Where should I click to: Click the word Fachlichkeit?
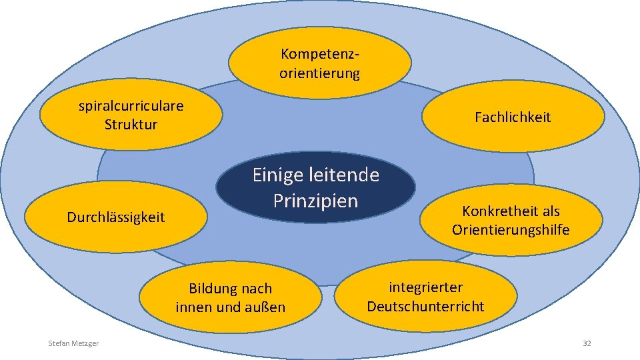[x=513, y=117]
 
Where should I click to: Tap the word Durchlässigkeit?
[x=116, y=217]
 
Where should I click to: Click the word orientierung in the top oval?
[x=319, y=73]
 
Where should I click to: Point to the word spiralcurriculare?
[x=131, y=105]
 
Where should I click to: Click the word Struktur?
[x=131, y=125]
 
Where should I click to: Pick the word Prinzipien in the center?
[x=315, y=201]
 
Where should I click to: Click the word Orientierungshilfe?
[x=511, y=231]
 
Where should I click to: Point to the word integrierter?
[x=426, y=287]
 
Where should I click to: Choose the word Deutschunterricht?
[x=425, y=307]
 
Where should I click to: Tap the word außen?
[x=266, y=307]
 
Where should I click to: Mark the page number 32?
[x=587, y=343]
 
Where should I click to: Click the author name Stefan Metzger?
[x=73, y=343]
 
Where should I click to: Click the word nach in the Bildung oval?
[x=257, y=289]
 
